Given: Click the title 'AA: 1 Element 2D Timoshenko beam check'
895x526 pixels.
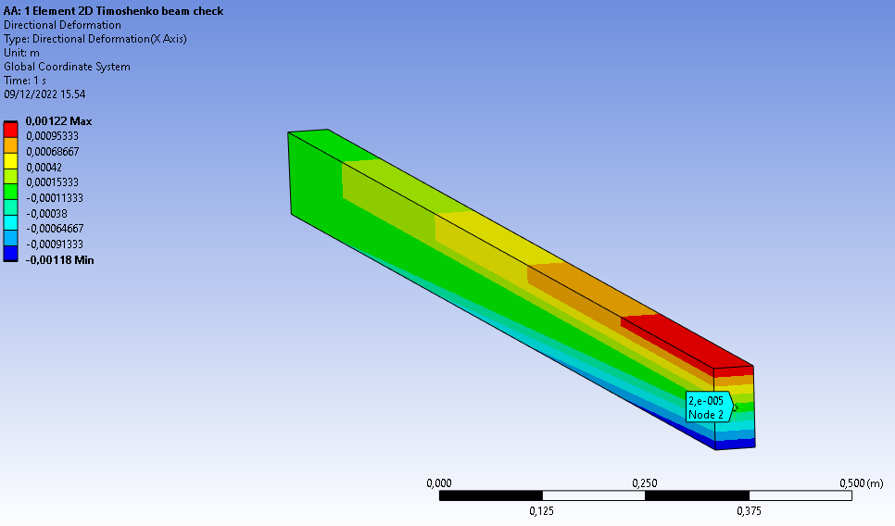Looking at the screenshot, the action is [114, 11].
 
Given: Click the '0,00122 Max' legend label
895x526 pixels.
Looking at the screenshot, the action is [58, 121].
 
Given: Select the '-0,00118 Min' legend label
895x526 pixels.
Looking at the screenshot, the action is [60, 260].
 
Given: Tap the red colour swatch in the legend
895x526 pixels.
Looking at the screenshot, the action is [11, 130].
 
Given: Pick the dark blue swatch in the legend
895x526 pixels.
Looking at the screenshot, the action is [11, 254].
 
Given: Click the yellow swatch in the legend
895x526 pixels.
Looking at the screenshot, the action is [11, 161].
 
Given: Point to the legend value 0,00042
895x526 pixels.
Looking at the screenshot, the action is [44, 168].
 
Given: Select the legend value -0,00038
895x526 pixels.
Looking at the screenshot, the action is [46, 213].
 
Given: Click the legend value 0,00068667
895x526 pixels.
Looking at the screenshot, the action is [53, 152].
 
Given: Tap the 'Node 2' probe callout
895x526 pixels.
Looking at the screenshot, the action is [709, 407].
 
